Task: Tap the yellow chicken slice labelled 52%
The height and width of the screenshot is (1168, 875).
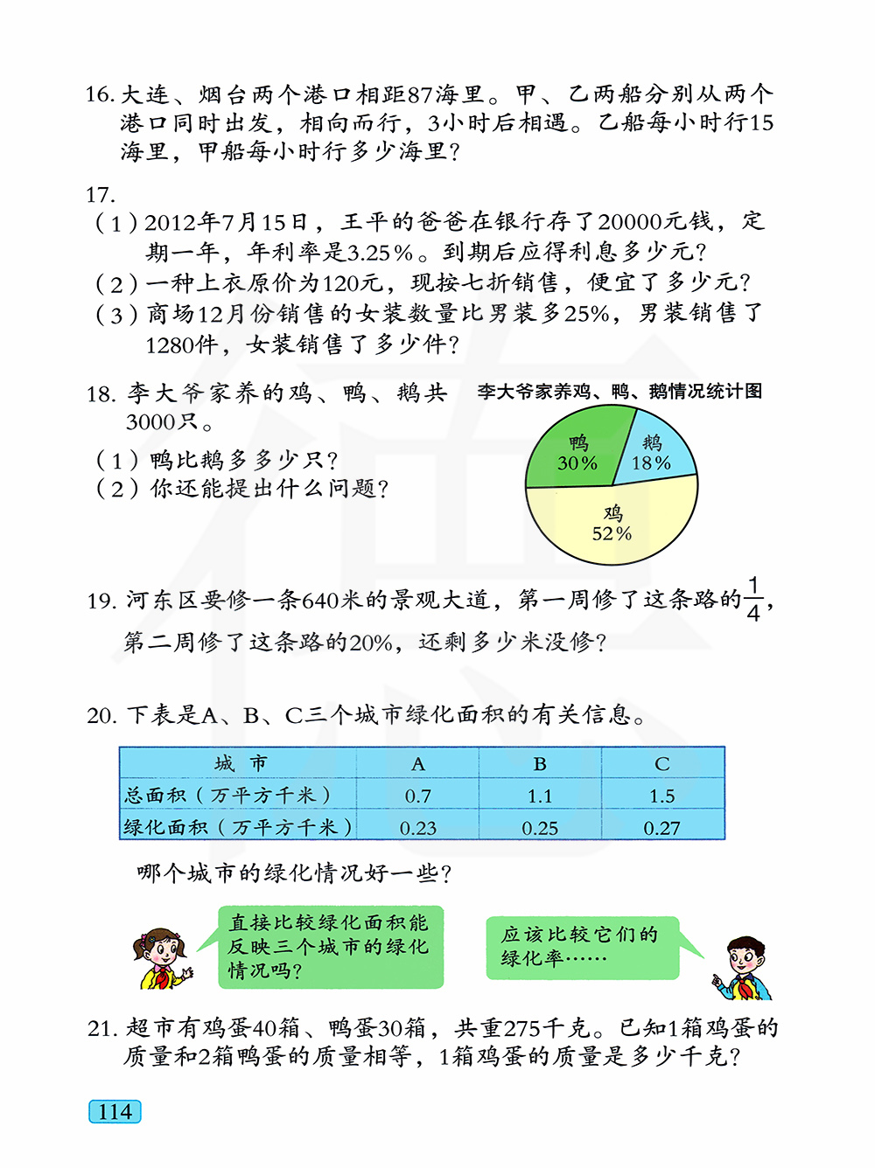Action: (x=612, y=523)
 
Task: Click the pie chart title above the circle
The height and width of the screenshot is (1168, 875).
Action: (x=619, y=391)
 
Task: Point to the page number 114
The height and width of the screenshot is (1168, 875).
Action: (x=115, y=1112)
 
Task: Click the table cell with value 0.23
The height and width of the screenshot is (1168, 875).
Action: (x=418, y=827)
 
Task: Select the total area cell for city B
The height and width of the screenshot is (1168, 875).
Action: (x=540, y=796)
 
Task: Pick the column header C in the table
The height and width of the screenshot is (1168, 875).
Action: (x=662, y=763)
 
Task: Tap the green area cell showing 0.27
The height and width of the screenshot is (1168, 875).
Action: (x=662, y=827)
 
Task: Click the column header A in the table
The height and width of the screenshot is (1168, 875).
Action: (x=418, y=763)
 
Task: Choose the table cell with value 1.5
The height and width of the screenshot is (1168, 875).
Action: (x=662, y=796)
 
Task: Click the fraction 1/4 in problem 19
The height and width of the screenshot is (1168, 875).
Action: (x=753, y=599)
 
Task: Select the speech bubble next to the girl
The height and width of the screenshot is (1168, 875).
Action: (x=330, y=947)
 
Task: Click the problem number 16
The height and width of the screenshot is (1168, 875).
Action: (x=100, y=94)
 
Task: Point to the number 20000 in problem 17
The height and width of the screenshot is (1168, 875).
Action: (x=641, y=222)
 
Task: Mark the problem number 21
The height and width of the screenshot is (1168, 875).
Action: (x=102, y=1029)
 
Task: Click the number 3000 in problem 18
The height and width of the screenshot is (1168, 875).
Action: (x=151, y=422)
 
